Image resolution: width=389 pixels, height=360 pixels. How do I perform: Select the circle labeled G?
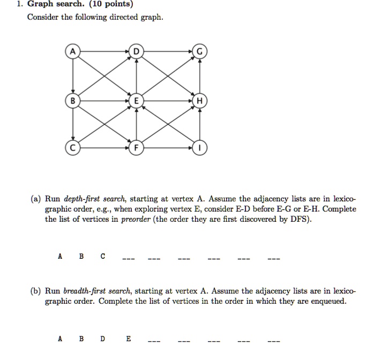pos(199,52)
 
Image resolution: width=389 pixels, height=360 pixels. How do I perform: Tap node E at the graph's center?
pos(136,100)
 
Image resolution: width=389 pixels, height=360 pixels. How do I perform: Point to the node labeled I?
pos(199,147)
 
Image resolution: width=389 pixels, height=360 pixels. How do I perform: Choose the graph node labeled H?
pos(199,100)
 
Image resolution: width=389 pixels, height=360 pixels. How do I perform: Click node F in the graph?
pos(136,147)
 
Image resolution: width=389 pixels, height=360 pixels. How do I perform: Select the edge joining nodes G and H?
pos(199,76)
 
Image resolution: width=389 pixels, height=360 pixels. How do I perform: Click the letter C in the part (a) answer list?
pos(102,256)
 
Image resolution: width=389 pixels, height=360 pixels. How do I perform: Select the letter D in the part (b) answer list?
pos(103,339)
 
